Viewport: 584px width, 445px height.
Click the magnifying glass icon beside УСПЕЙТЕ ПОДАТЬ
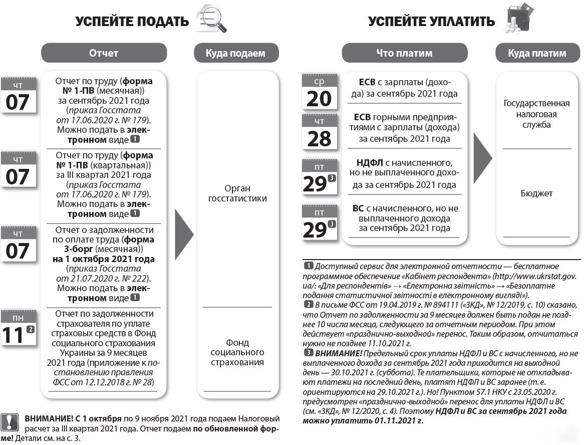click(212, 19)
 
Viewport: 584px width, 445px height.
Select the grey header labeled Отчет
click(104, 53)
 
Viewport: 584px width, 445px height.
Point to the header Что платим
click(404, 53)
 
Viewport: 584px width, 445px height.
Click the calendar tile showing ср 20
click(319, 92)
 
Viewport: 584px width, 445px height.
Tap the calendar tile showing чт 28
click(319, 132)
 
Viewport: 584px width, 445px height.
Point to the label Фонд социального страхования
click(237, 352)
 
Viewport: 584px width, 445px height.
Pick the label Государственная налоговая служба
click(536, 114)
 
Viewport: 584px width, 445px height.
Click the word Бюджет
click(536, 193)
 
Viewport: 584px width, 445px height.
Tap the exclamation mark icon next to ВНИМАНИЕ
click(10, 422)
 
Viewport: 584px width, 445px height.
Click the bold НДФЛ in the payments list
click(370, 163)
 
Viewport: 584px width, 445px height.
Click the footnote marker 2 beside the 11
click(31, 329)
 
